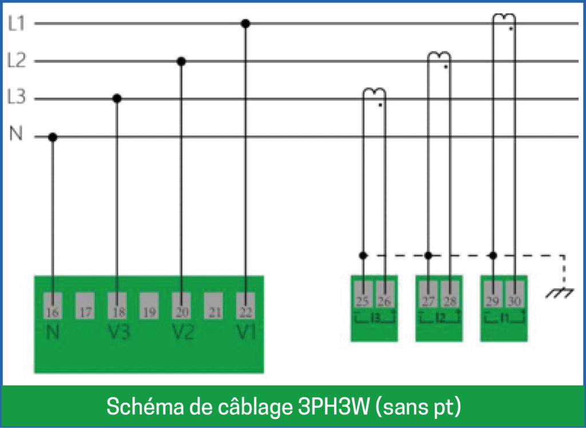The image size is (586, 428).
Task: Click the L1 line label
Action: [17, 23]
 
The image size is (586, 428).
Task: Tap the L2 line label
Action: [17, 61]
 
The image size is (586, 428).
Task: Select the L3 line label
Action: [17, 97]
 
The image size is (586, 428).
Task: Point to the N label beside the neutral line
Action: [15, 133]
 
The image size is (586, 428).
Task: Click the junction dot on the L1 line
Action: [246, 24]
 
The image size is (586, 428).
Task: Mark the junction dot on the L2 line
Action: [181, 62]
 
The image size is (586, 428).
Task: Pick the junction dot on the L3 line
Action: [117, 99]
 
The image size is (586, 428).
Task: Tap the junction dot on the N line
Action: [53, 137]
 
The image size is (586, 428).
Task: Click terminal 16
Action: [53, 306]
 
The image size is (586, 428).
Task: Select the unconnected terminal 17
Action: [85, 306]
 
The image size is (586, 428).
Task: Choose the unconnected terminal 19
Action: [149, 306]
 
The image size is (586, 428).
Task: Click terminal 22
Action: [246, 306]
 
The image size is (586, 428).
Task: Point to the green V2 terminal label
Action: [183, 332]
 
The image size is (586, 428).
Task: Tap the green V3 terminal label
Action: [118, 332]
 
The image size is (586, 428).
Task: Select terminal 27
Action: [428, 294]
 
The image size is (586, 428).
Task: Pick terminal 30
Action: [514, 294]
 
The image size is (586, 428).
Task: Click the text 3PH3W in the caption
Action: [334, 406]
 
